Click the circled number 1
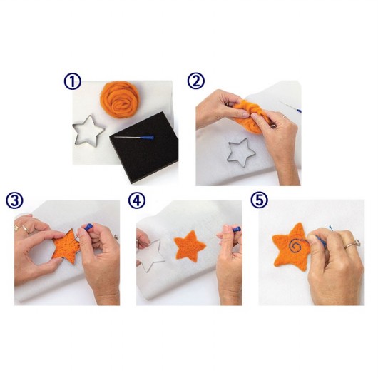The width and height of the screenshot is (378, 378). pos(73,82)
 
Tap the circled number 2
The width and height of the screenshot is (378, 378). pos(195,81)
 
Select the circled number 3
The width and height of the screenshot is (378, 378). pos(14,201)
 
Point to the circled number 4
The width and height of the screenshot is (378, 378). pos(136,200)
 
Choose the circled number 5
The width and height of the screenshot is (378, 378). pos(259,200)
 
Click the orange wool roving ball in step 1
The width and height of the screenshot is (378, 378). pos(120,99)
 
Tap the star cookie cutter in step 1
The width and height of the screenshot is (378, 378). pos(88,131)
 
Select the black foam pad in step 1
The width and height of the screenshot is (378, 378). pos(144,147)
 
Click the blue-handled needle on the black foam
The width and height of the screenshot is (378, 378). pos(134,137)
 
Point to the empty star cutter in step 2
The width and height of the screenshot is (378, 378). pos(241,153)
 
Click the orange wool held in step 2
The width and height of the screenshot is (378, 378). pos(251,116)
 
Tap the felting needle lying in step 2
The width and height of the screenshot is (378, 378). pos(290,107)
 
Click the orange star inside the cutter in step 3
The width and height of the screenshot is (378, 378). pos(66,247)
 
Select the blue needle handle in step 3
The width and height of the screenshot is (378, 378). pos(88,227)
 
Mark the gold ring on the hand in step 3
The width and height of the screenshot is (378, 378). pos(26,229)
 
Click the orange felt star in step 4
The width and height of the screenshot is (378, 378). pos(190,246)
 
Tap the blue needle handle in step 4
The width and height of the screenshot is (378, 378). pos(237,229)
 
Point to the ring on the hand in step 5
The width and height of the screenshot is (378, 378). pos(353,244)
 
